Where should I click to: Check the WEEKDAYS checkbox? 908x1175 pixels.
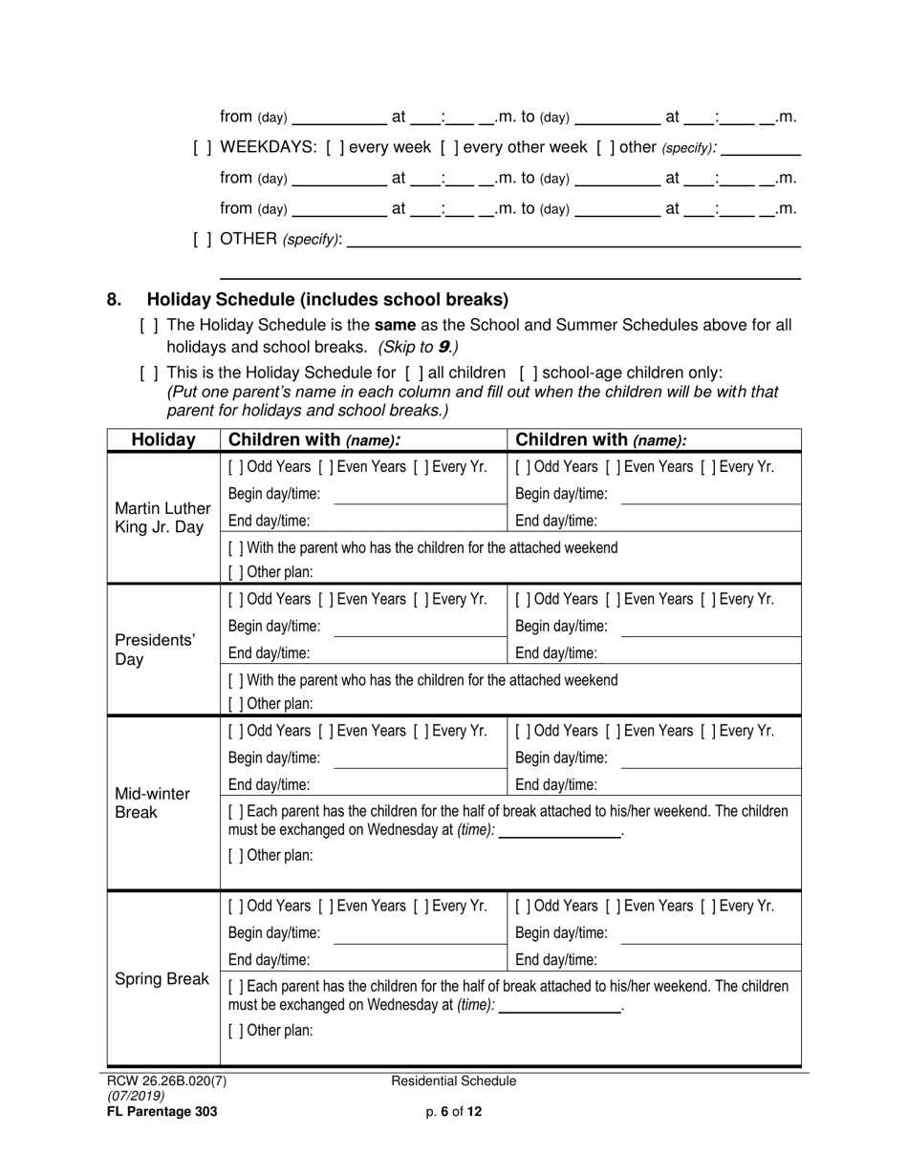point(202,147)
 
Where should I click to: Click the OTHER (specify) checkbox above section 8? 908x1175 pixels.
point(202,239)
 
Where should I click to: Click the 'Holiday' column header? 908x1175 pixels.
point(163,440)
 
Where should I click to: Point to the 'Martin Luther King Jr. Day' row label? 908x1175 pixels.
point(162,517)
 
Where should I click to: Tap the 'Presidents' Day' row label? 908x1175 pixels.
point(155,650)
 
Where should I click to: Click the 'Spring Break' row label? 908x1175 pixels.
point(162,979)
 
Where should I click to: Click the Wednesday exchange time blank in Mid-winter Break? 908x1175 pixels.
point(559,830)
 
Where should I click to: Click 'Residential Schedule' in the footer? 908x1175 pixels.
point(454,1081)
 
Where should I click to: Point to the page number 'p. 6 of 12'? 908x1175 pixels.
point(454,1111)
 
